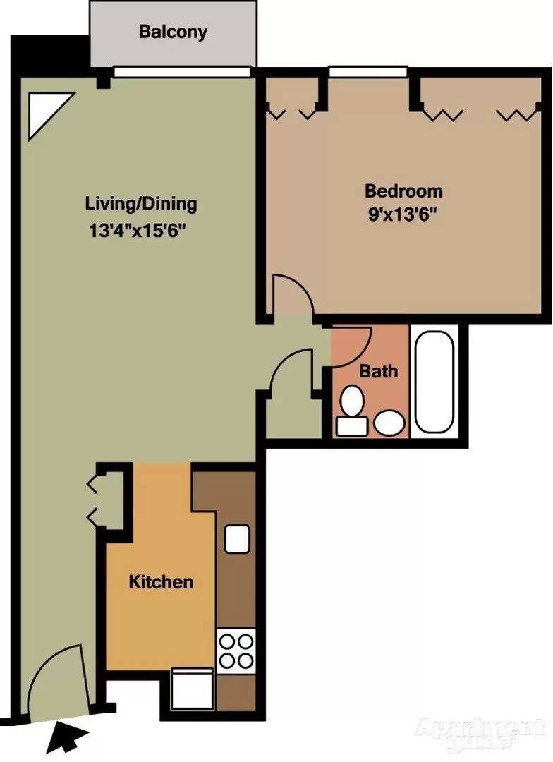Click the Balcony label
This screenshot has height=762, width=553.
pyautogui.click(x=173, y=32)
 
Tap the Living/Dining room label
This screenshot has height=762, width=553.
pyautogui.click(x=141, y=205)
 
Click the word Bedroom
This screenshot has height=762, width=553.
pyautogui.click(x=403, y=190)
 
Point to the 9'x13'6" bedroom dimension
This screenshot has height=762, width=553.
pyautogui.click(x=403, y=214)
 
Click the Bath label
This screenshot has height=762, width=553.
pyautogui.click(x=379, y=370)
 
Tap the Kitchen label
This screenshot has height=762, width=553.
pyautogui.click(x=161, y=582)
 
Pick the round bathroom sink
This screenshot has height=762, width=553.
pyautogui.click(x=389, y=423)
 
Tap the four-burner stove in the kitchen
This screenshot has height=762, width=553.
pyautogui.click(x=236, y=651)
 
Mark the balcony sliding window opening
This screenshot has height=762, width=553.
pyautogui.click(x=183, y=71)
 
